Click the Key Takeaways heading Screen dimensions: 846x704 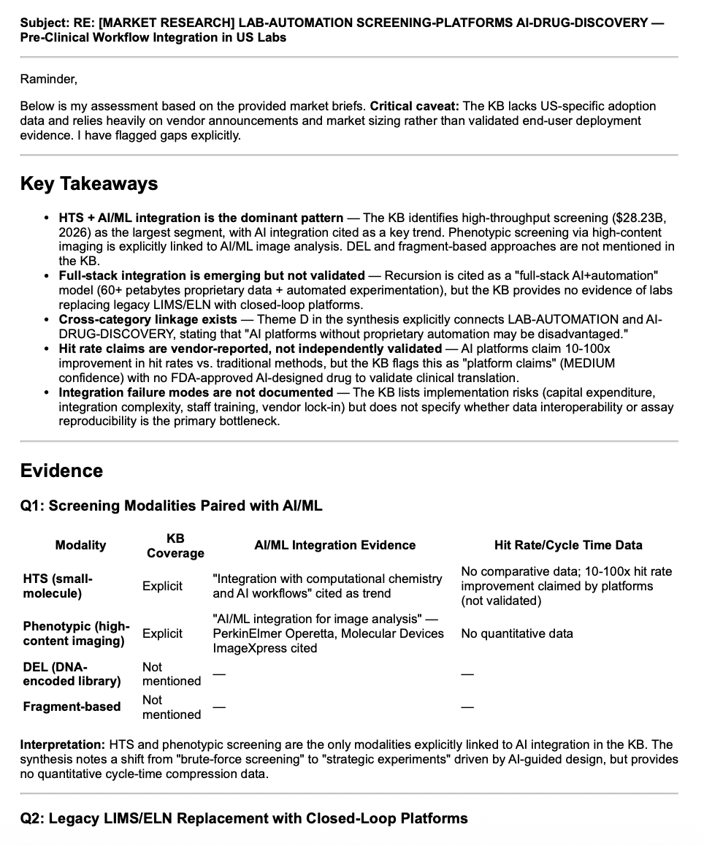[88, 183]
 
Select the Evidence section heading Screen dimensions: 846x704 [61, 470]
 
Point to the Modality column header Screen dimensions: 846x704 [80, 545]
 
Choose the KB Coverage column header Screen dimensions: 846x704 [175, 546]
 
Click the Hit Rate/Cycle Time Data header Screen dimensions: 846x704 [567, 545]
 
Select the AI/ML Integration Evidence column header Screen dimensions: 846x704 [334, 545]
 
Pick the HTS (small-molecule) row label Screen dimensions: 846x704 [58, 586]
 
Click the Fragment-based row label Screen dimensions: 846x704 [72, 706]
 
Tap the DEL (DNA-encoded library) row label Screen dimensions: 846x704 [72, 674]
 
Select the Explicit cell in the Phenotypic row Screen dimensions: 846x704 [162, 633]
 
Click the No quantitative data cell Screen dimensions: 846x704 [516, 633]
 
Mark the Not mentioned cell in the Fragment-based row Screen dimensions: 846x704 [171, 706]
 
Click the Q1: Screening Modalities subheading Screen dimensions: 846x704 [171, 506]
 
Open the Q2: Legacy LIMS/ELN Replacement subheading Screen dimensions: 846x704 [244, 818]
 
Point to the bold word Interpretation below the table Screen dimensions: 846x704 [62, 744]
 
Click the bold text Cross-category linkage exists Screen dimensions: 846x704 [148, 319]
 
